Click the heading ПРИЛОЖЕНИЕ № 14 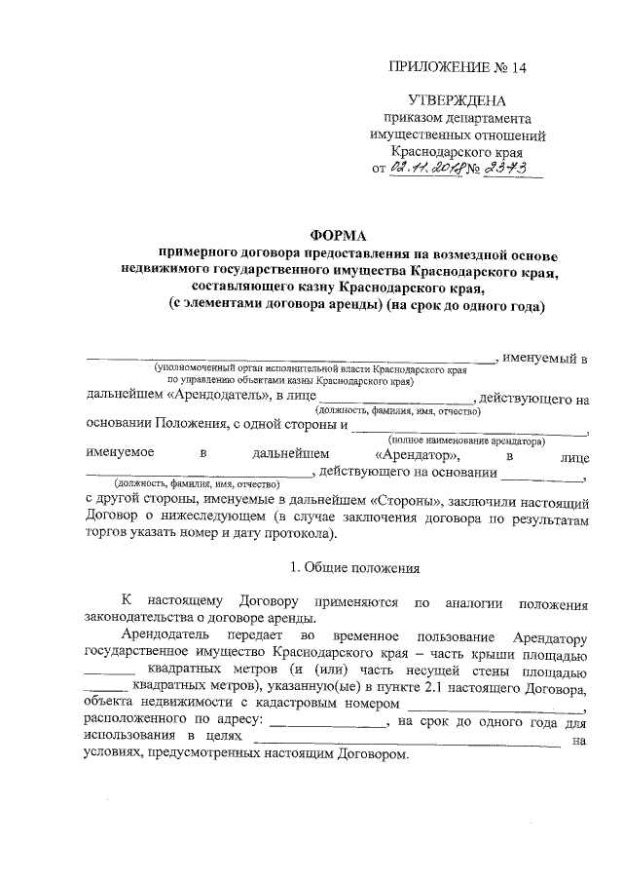coord(457,67)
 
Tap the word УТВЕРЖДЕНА coord(457,100)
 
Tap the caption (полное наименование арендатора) coord(470,441)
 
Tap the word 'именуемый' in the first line coord(540,360)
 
